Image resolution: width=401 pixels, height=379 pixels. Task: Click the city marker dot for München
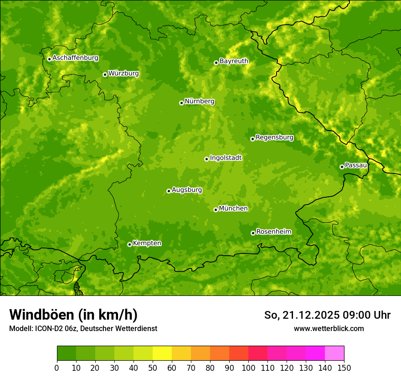(216, 210)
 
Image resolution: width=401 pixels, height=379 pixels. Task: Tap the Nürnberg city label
(199, 101)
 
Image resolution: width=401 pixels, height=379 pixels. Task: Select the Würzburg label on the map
(123, 74)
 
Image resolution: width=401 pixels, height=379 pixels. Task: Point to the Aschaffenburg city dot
(49, 59)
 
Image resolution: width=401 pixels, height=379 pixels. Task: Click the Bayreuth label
(234, 61)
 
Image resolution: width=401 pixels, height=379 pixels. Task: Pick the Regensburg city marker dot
(252, 139)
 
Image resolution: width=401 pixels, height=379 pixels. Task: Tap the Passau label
(356, 165)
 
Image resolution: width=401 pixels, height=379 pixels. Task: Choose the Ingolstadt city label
(226, 158)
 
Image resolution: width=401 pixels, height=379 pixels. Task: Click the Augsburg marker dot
(169, 191)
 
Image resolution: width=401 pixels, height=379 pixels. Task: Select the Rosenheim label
(273, 232)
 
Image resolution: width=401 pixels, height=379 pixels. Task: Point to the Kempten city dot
(129, 244)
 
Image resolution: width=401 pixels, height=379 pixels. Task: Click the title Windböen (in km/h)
(73, 315)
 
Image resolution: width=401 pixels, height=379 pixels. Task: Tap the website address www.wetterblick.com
(329, 328)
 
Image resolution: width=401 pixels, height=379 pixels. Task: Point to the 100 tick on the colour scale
(248, 368)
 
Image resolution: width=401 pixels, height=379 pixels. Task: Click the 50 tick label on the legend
(153, 368)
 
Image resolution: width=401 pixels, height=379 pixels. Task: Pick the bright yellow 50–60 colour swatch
(162, 353)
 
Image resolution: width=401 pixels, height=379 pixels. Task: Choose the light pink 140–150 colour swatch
(334, 353)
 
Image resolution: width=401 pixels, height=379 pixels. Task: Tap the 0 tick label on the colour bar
(57, 368)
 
